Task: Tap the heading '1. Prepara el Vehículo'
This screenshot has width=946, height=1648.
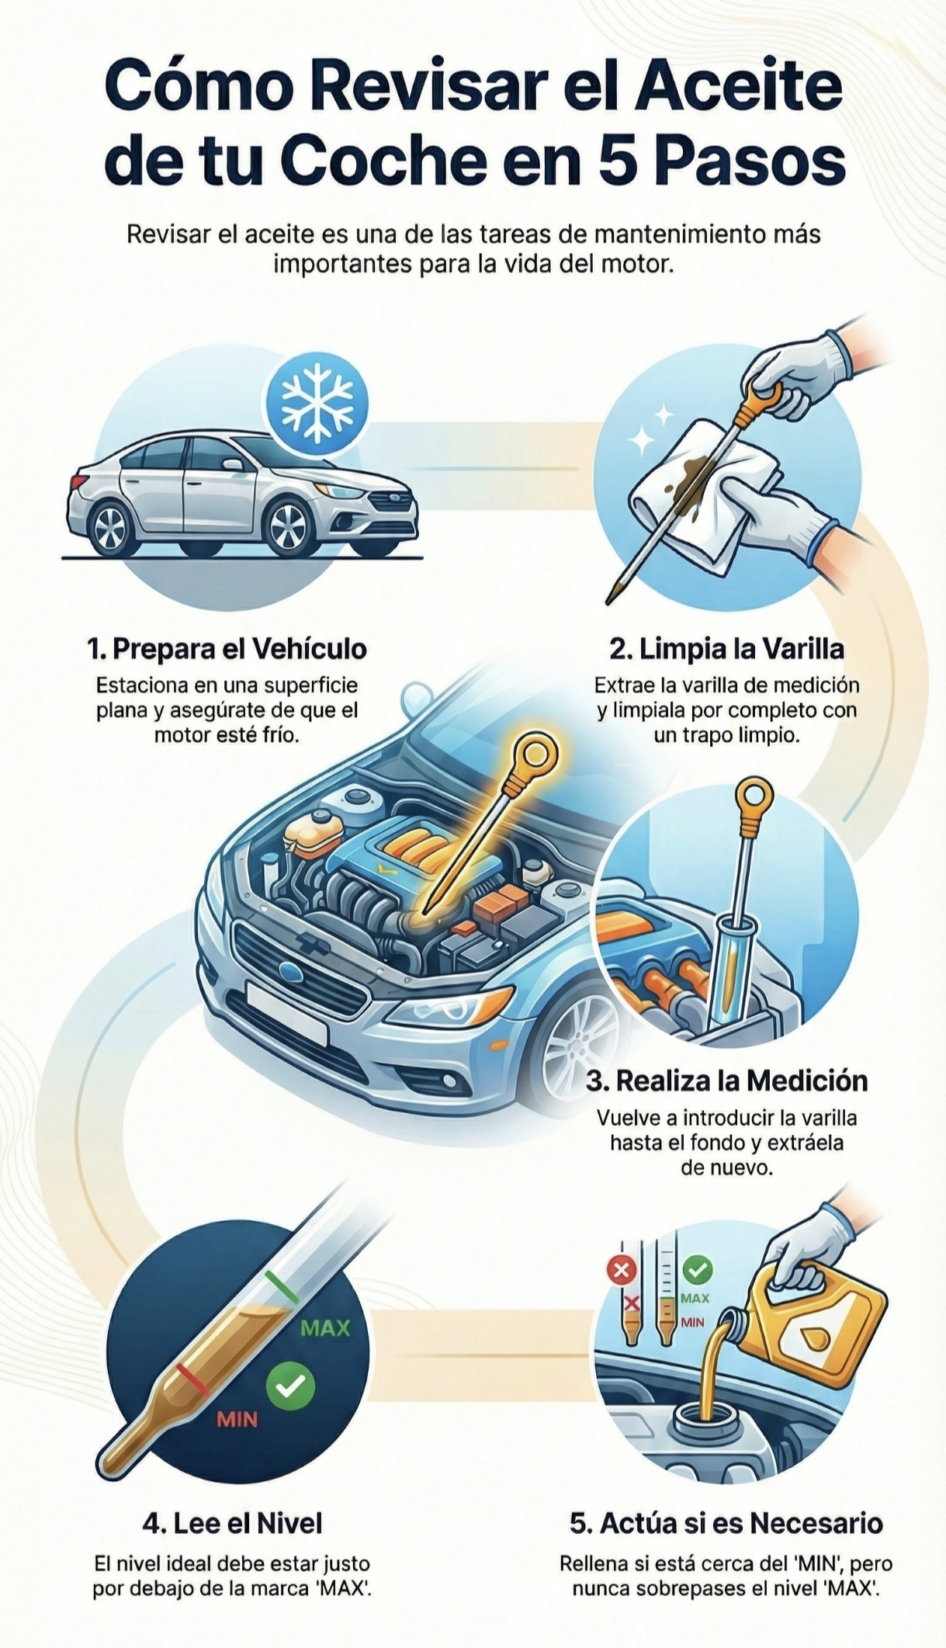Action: coord(227,648)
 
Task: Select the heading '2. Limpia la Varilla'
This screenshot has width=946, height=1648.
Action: coord(726,648)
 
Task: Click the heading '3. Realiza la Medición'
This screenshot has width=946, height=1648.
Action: coord(726,1081)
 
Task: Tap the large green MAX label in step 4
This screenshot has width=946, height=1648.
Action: coord(325,1328)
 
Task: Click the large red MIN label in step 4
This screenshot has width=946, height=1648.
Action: coord(237,1420)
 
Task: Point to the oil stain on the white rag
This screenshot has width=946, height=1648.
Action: coord(696,470)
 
